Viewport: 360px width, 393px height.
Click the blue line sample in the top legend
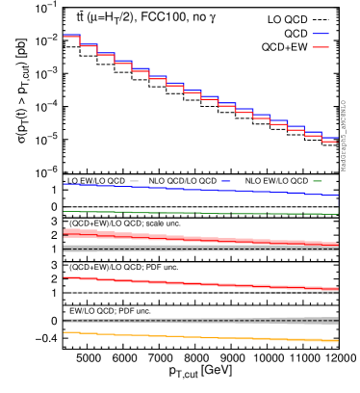click(x=320, y=34)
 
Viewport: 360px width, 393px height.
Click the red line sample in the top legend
click(x=320, y=47)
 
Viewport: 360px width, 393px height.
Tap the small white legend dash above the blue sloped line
click(x=134, y=181)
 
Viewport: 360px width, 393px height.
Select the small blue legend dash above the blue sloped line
click(x=225, y=181)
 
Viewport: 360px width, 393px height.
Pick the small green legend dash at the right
click(x=318, y=181)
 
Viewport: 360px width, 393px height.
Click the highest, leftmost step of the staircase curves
click(x=71, y=37)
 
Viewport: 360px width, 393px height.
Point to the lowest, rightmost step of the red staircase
click(x=329, y=142)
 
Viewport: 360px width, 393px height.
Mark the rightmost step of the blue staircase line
click(x=329, y=137)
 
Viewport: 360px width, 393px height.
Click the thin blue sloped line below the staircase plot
click(x=193, y=190)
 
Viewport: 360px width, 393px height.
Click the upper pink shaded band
click(x=193, y=238)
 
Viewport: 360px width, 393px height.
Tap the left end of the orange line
click(x=65, y=332)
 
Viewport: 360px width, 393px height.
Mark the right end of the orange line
click(x=336, y=341)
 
